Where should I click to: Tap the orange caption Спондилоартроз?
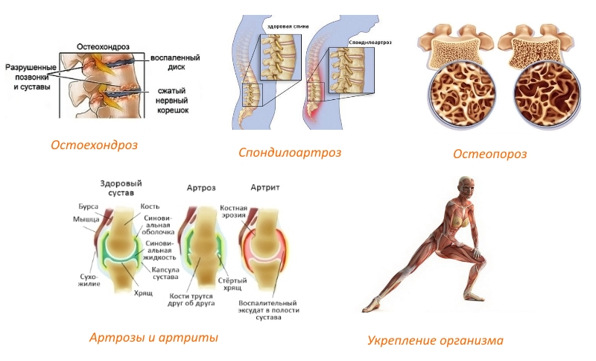pyautogui.click(x=290, y=152)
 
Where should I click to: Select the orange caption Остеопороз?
pyautogui.click(x=489, y=154)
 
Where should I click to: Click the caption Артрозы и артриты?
pyautogui.click(x=153, y=337)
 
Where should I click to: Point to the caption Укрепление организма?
pyautogui.click(x=435, y=340)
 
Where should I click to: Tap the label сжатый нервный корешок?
pyautogui.click(x=172, y=101)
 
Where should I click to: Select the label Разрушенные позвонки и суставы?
pyautogui.click(x=28, y=76)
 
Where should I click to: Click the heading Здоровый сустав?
pyautogui.click(x=120, y=189)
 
